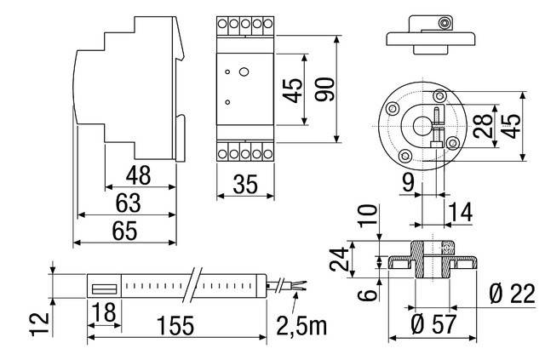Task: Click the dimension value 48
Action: click(x=138, y=176)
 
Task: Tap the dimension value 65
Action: click(x=126, y=230)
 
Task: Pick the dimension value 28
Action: click(x=481, y=129)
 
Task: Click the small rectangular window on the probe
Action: click(x=105, y=287)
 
